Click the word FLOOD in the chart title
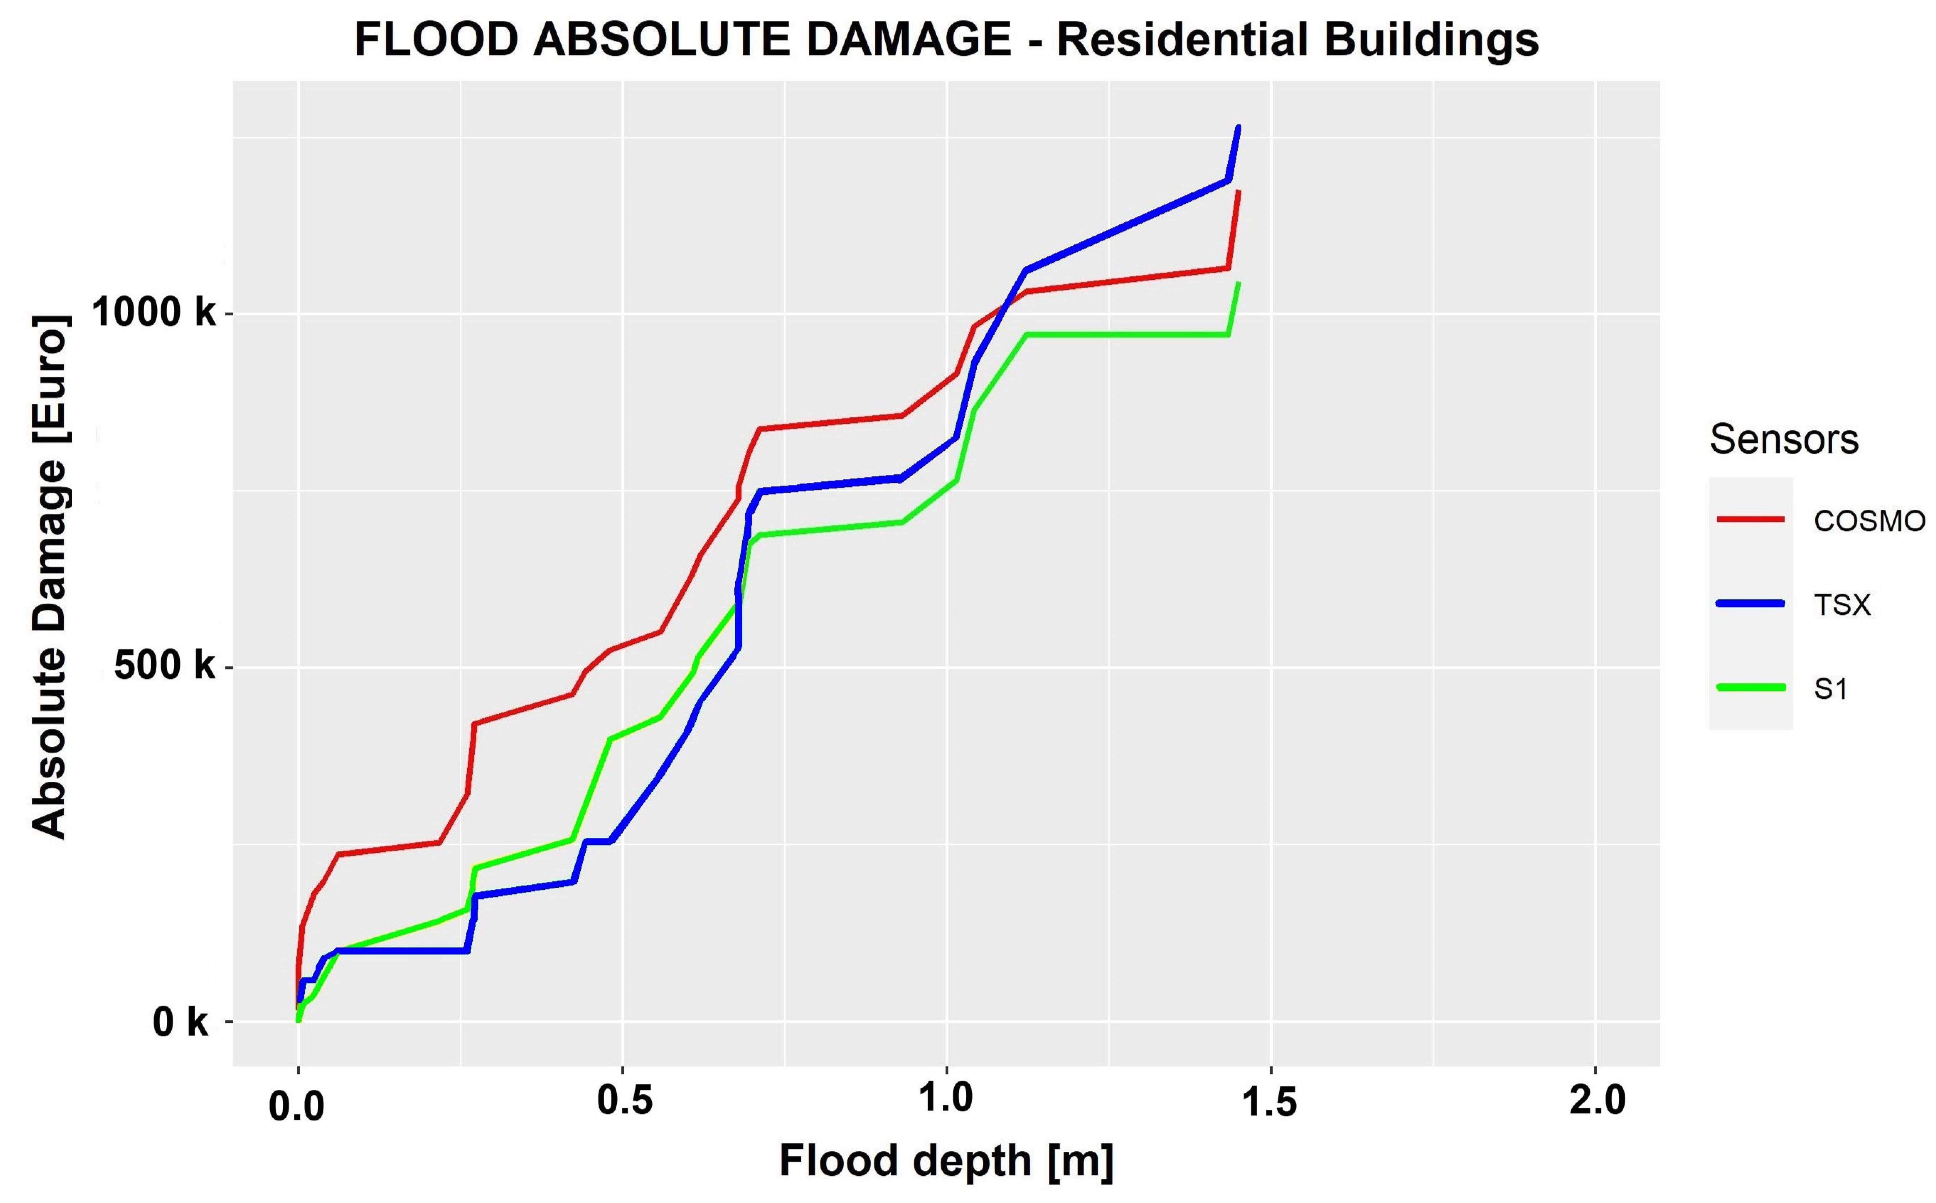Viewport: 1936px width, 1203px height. tap(436, 40)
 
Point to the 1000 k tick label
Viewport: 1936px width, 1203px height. tap(154, 313)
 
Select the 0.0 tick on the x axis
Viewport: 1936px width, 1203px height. tap(297, 1107)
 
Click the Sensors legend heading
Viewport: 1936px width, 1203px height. tap(1784, 439)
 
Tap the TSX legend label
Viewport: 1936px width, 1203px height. tap(1842, 605)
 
